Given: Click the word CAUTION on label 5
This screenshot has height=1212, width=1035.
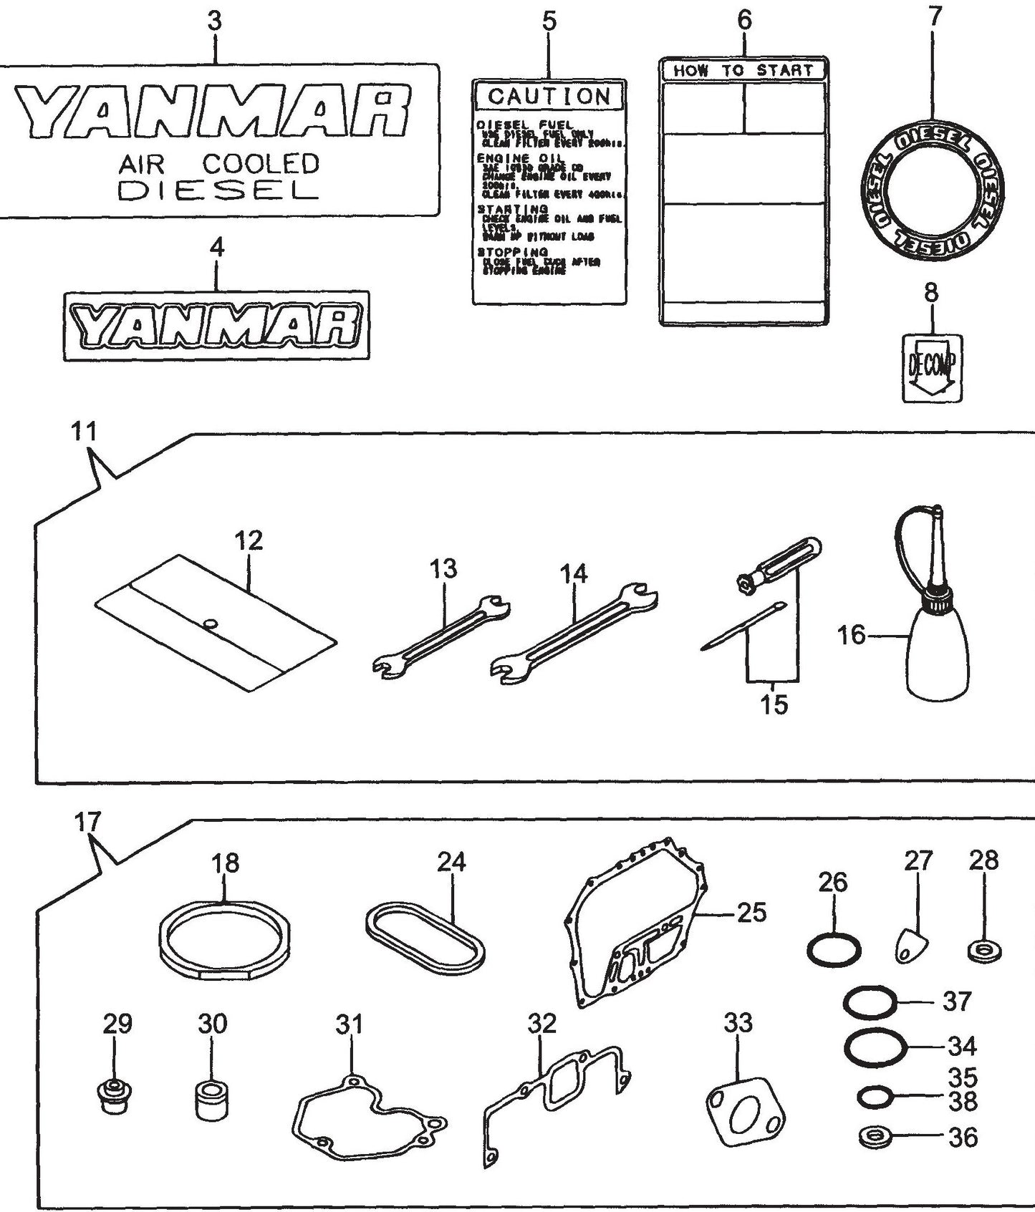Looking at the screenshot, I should pyautogui.click(x=549, y=96).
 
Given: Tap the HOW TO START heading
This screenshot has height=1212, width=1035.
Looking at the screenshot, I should pyautogui.click(x=743, y=70).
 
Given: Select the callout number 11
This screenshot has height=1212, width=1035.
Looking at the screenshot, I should pyautogui.click(x=83, y=432).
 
